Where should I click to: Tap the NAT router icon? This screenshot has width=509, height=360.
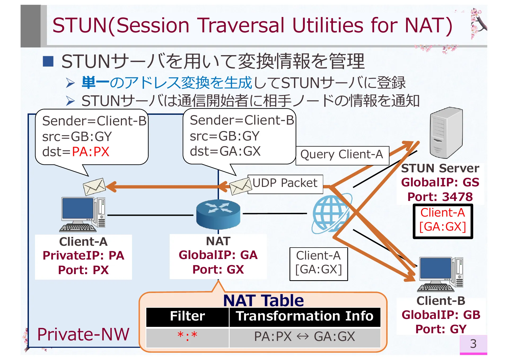point(218,214)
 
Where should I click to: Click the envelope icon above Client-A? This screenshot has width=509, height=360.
point(94,187)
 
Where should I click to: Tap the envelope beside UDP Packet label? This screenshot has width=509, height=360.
point(240,186)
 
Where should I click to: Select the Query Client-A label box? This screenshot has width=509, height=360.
point(342,155)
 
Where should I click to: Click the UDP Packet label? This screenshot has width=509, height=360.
point(285,183)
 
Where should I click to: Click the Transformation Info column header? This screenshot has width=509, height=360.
point(305,317)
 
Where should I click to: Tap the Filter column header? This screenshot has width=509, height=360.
point(187,317)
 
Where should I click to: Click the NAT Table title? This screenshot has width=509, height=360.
point(263,301)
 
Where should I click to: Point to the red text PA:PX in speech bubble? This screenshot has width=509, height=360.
point(91,152)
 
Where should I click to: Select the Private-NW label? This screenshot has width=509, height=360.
point(83,335)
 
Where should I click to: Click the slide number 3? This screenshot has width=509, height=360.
point(473,344)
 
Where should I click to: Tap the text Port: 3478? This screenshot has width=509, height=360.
point(440,197)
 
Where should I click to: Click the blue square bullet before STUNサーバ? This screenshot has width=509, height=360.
point(48,61)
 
